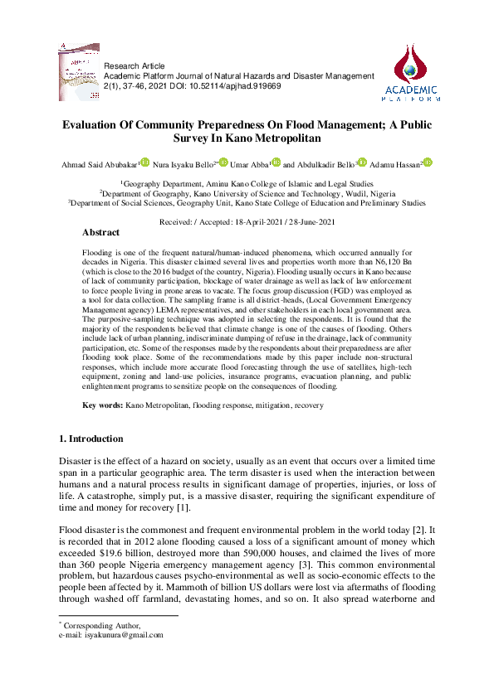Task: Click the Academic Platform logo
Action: click(x=412, y=73)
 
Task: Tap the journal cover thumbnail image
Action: click(x=80, y=72)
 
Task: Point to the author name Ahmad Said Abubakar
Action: click(x=99, y=164)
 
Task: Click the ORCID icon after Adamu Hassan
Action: click(x=428, y=162)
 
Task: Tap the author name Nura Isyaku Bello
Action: click(x=181, y=164)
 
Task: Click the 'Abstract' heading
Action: click(x=100, y=233)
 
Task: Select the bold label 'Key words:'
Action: click(x=102, y=405)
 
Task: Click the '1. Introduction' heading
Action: click(x=92, y=438)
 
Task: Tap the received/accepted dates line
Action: click(x=247, y=221)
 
